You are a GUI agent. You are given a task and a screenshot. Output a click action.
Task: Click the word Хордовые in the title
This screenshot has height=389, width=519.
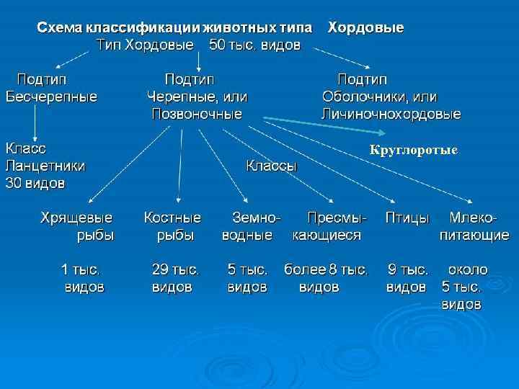point(365,28)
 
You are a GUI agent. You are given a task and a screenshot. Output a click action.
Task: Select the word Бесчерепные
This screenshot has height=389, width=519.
point(51,96)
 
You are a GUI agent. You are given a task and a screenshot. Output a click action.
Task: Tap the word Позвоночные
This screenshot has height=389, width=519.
point(197,114)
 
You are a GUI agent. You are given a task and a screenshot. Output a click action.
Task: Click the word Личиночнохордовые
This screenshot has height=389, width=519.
point(391,114)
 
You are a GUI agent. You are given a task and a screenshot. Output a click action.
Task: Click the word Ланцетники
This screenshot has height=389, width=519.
point(45,166)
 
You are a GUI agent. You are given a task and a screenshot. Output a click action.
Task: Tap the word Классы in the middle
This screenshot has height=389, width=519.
point(271,166)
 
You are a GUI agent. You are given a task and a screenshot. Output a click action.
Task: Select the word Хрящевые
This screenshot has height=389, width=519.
point(76,217)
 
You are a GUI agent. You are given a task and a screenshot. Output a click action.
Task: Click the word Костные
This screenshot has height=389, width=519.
point(172,217)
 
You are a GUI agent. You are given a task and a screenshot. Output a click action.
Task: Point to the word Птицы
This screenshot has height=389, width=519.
point(407,217)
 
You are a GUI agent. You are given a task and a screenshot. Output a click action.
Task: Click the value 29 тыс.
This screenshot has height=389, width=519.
point(175,270)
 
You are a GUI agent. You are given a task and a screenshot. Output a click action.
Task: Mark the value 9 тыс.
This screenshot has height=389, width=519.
point(408,270)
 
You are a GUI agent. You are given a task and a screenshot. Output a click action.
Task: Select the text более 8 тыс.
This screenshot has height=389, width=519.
point(326,270)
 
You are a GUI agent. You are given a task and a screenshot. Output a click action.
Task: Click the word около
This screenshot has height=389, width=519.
point(468,270)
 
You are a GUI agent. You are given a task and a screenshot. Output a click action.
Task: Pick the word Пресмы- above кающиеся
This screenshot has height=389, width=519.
point(337,217)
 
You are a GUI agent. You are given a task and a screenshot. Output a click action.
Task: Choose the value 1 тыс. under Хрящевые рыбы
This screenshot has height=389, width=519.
point(80,270)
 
